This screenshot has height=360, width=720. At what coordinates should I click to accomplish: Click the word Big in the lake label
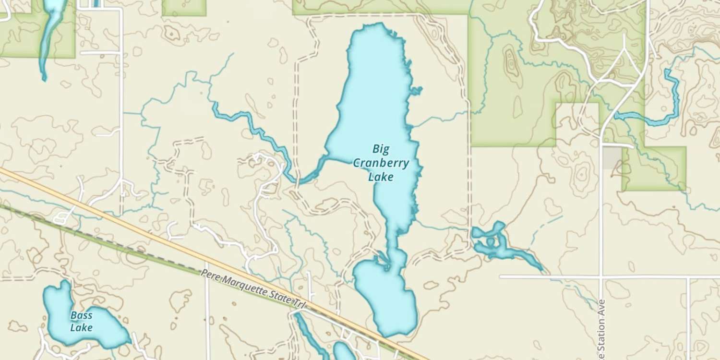[x=381, y=148]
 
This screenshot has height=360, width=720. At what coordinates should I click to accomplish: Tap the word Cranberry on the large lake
[x=381, y=163]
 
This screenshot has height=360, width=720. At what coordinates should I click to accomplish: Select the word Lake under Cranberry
[x=381, y=177]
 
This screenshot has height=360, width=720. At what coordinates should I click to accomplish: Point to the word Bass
[x=81, y=315]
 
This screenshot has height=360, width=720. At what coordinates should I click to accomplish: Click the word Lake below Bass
[x=81, y=328]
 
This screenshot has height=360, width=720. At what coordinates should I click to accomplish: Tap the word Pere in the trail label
[x=210, y=275]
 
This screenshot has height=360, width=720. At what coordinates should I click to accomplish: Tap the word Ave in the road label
[x=602, y=306]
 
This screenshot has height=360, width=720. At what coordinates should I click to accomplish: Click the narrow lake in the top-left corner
[x=50, y=29]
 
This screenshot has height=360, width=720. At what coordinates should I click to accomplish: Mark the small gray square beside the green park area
[x=612, y=157]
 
